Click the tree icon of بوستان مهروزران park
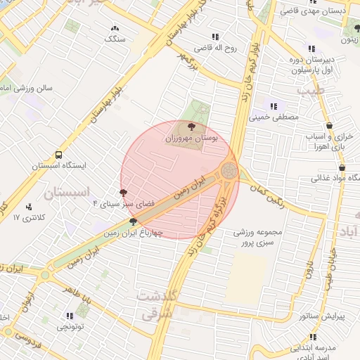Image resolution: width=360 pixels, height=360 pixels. click(x=192, y=126)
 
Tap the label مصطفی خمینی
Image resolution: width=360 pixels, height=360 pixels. click(x=275, y=117)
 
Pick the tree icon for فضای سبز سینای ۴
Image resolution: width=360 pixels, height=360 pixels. click(x=124, y=191)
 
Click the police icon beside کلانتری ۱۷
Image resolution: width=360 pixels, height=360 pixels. click(x=29, y=207)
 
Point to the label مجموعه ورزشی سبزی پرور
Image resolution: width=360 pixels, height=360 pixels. click(x=258, y=237)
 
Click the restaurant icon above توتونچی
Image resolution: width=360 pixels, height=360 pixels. click(x=69, y=316)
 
